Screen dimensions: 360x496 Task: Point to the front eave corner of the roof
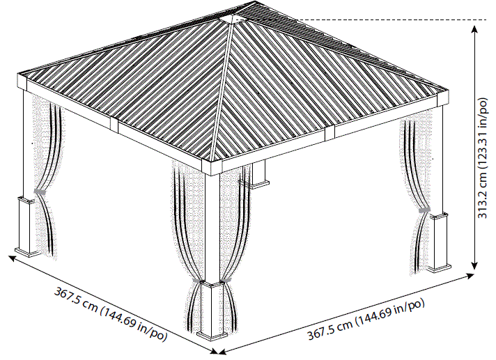pyautogui.click(x=212, y=167)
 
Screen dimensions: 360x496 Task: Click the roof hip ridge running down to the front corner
pyautogui.click(x=221, y=97)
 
